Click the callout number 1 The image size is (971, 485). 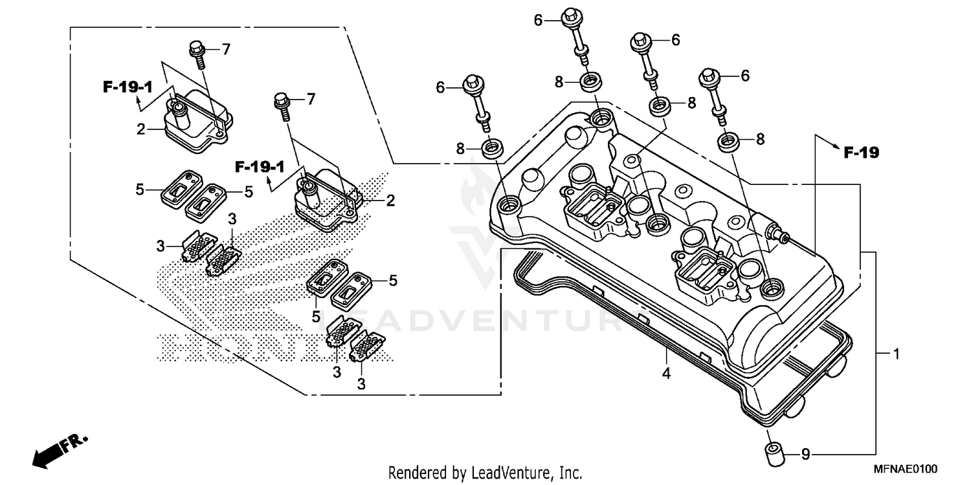[x=897, y=354]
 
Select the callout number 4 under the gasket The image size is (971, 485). [x=666, y=373]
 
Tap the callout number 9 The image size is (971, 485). [x=805, y=455]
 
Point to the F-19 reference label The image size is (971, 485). [x=861, y=153]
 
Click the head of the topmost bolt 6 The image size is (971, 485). [x=571, y=14]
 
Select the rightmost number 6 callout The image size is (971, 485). [x=744, y=76]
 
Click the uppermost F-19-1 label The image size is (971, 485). [x=127, y=87]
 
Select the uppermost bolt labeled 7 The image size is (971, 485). [x=197, y=54]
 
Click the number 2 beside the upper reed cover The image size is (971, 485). [x=140, y=129]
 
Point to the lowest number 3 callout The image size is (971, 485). [x=361, y=384]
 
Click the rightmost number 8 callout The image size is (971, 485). [x=760, y=138]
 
